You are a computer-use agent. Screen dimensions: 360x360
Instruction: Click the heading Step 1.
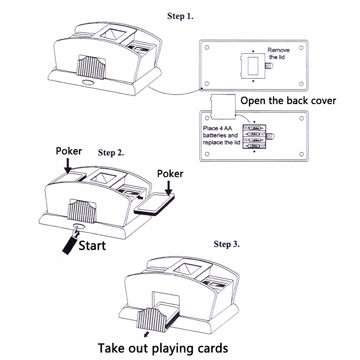(x=180, y=16)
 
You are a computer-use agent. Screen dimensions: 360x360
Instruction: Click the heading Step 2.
(x=111, y=153)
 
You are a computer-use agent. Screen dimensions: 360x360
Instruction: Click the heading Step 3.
(x=226, y=244)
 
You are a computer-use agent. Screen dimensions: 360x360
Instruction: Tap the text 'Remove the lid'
(x=278, y=53)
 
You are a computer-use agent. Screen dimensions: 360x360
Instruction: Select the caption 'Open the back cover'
(x=288, y=101)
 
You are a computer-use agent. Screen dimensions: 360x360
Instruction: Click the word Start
(x=92, y=246)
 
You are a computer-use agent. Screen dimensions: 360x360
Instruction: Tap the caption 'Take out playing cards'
(x=163, y=348)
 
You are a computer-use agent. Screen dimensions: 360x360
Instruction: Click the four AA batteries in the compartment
(x=254, y=137)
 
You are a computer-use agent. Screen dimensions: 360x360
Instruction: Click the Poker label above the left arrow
(x=69, y=151)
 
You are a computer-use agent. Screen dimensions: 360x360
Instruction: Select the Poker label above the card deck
(x=170, y=174)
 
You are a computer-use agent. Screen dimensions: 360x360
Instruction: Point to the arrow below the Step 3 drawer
(x=146, y=334)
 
